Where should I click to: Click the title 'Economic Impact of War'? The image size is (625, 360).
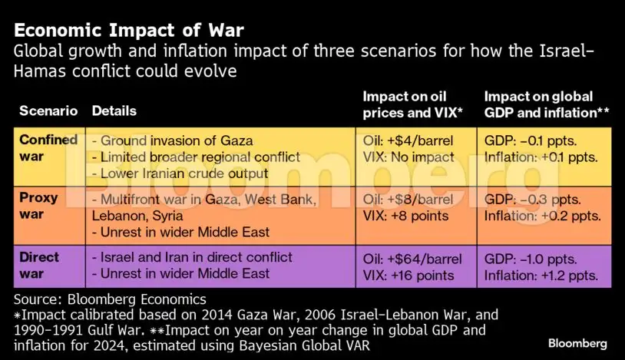[130, 31]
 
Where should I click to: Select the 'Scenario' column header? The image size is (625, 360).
[48, 111]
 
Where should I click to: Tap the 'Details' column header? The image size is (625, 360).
[114, 111]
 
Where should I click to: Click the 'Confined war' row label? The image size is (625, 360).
[48, 148]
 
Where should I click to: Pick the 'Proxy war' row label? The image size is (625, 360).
[38, 206]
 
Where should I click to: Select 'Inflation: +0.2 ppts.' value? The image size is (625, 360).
[542, 216]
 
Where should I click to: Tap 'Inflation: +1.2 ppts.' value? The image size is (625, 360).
[542, 274]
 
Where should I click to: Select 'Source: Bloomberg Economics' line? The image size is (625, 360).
[111, 299]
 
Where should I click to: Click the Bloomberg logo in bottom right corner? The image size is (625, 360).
[577, 343]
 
